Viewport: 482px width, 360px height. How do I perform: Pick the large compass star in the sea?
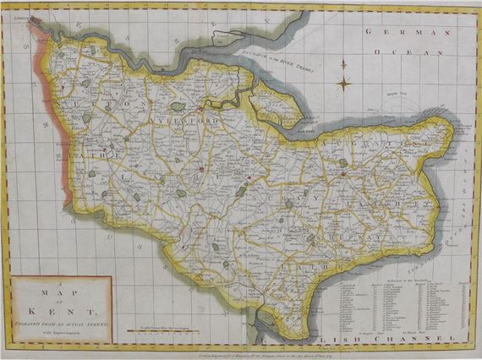344,83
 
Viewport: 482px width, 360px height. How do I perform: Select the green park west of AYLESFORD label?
177,106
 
